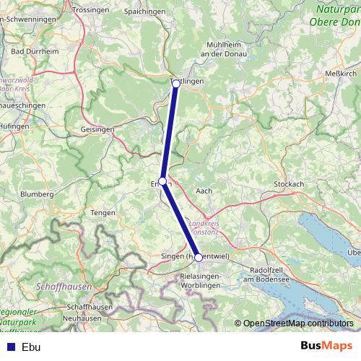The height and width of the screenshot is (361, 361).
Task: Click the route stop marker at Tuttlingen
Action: click(175, 84)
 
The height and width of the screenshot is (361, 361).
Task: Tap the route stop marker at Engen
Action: click(163, 181)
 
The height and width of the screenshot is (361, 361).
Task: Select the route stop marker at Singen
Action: click(199, 257)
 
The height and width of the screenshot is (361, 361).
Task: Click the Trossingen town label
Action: click(90, 9)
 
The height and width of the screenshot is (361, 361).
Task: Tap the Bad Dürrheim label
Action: click(30, 51)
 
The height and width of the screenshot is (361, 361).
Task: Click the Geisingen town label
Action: click(98, 129)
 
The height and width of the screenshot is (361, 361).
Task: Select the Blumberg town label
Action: click(38, 194)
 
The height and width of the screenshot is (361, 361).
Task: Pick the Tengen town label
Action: click(98, 212)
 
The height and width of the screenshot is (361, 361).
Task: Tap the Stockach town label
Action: click(289, 184)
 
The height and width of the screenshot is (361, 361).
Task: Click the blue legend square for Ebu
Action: click(8, 346)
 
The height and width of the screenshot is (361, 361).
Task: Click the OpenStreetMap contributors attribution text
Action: click(297, 323)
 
